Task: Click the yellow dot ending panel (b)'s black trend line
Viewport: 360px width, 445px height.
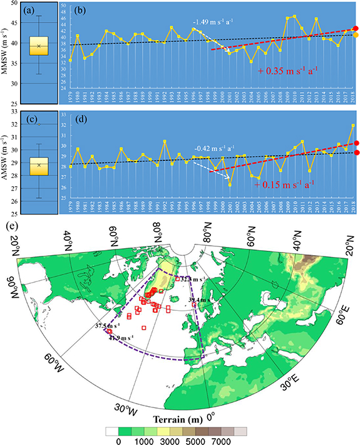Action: tap(356, 35)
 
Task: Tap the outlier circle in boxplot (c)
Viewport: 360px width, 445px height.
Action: tap(39, 124)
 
